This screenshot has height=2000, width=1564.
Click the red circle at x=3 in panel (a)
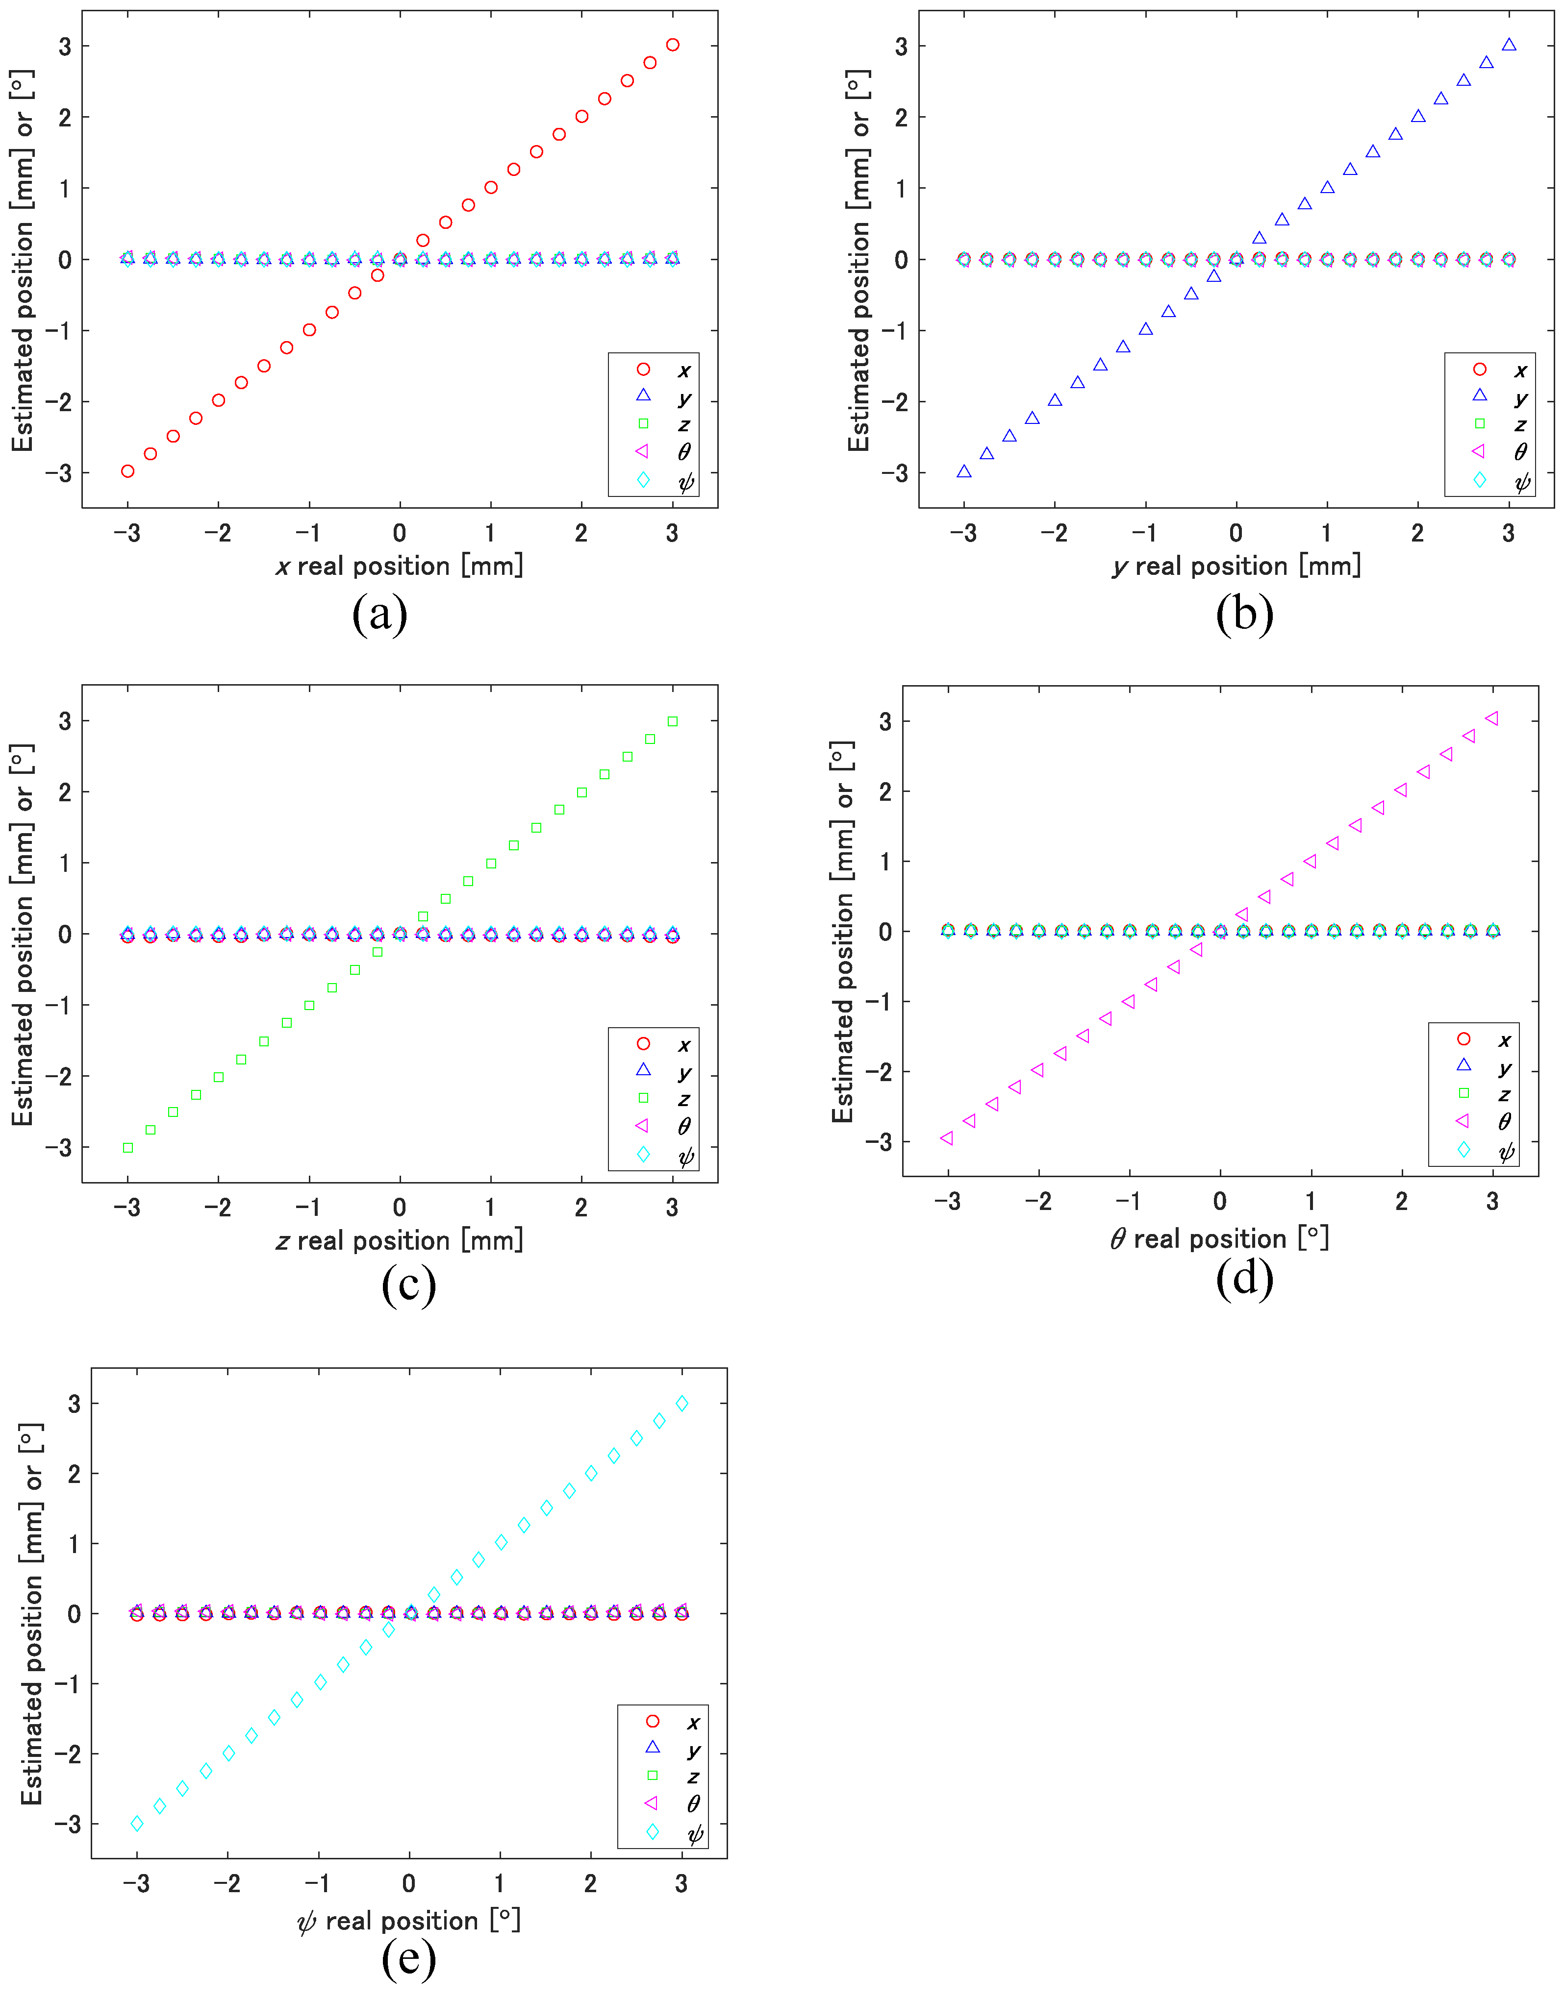pyautogui.click(x=673, y=45)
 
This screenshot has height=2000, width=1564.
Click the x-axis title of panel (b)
pyautogui.click(x=1236, y=566)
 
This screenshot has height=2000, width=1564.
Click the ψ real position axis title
pyautogui.click(x=408, y=1920)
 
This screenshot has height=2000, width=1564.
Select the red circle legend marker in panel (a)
pyautogui.click(x=643, y=369)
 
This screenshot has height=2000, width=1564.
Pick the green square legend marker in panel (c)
pyautogui.click(x=643, y=1098)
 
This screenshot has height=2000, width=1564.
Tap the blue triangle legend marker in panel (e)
pyautogui.click(x=653, y=1747)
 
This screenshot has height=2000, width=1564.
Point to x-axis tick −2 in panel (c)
pyautogui.click(x=218, y=1208)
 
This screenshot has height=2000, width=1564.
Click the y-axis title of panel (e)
pyautogui.click(x=32, y=1613)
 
